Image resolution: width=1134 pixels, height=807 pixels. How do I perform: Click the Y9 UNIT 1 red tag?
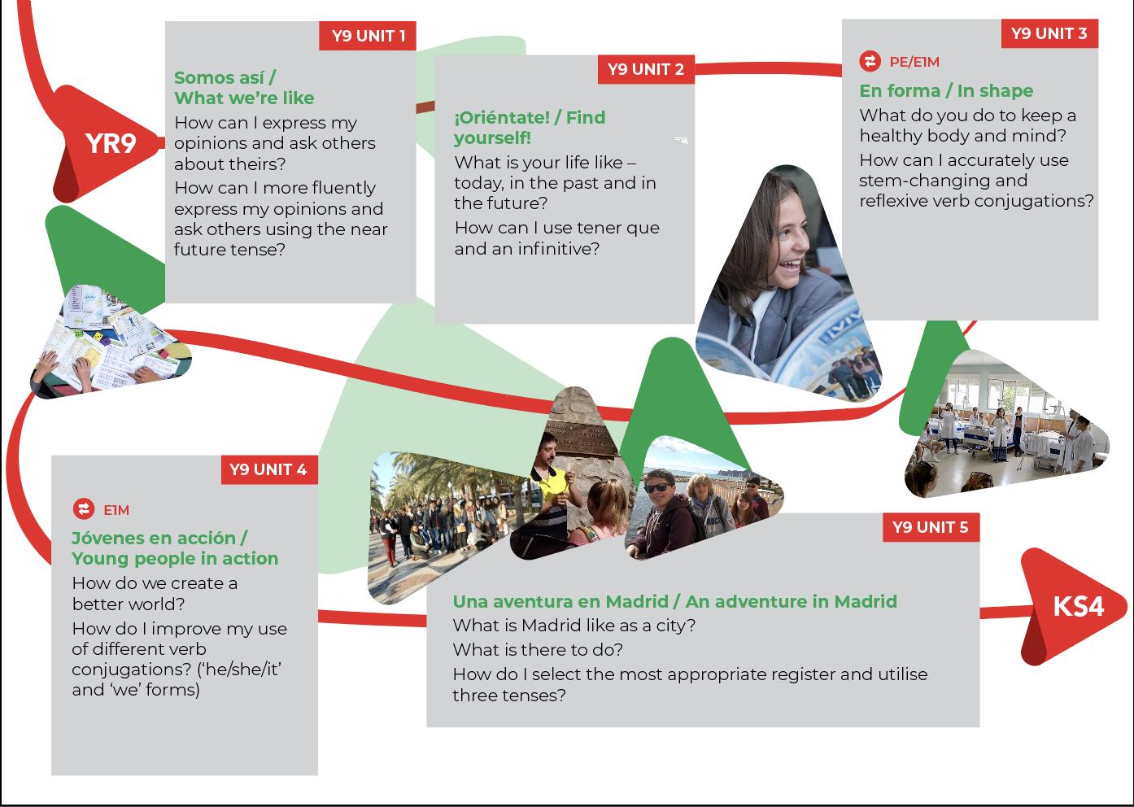368,36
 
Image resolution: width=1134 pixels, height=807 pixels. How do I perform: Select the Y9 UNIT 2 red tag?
646,69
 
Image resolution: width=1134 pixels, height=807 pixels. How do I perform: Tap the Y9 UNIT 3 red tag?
1049,33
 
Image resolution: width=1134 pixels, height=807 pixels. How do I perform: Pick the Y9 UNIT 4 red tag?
268,469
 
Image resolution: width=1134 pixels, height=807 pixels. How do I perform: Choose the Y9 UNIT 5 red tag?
930,527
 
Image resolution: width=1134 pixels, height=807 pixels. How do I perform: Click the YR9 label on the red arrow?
111,143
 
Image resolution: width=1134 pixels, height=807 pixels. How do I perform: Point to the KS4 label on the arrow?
1078,607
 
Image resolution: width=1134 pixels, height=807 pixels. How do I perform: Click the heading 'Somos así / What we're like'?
243,88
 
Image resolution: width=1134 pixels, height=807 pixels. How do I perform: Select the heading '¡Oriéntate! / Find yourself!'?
529,127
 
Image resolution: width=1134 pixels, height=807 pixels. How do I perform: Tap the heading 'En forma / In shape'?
946,90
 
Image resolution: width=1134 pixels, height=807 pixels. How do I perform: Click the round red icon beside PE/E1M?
870,62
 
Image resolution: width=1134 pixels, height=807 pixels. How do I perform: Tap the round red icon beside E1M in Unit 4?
83,509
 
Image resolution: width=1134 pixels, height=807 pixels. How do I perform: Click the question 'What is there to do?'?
538,649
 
